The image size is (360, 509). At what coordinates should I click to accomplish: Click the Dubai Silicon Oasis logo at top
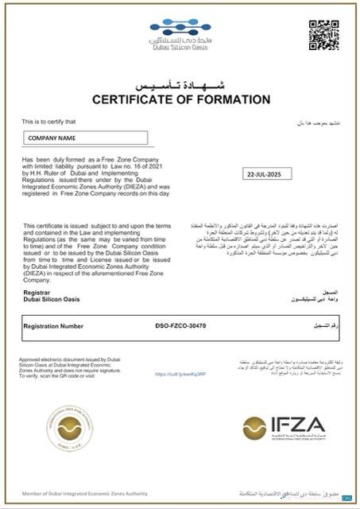(180, 37)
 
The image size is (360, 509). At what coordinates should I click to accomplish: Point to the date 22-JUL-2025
(265, 173)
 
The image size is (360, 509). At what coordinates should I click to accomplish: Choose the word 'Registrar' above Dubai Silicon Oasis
(38, 293)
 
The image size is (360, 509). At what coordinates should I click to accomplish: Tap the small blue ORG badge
(346, 497)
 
